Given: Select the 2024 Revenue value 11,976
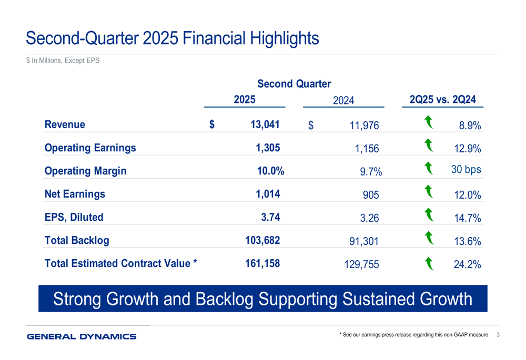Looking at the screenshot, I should coord(363,126).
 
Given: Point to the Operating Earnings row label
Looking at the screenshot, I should coord(90,148).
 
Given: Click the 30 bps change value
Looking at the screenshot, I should coord(466,170).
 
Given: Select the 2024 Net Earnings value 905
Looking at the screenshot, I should coord(371,196).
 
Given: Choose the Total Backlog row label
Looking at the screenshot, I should coord(77,240).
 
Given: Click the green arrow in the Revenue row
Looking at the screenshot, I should coord(429,123).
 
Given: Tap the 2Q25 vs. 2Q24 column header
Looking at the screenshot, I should coord(442,99).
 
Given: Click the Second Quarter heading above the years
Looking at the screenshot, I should coord(294,84).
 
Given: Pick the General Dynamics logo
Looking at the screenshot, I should coord(82,336).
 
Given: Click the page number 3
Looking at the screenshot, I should coord(498,335).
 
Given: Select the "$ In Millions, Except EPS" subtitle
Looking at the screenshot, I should coord(63,61).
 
